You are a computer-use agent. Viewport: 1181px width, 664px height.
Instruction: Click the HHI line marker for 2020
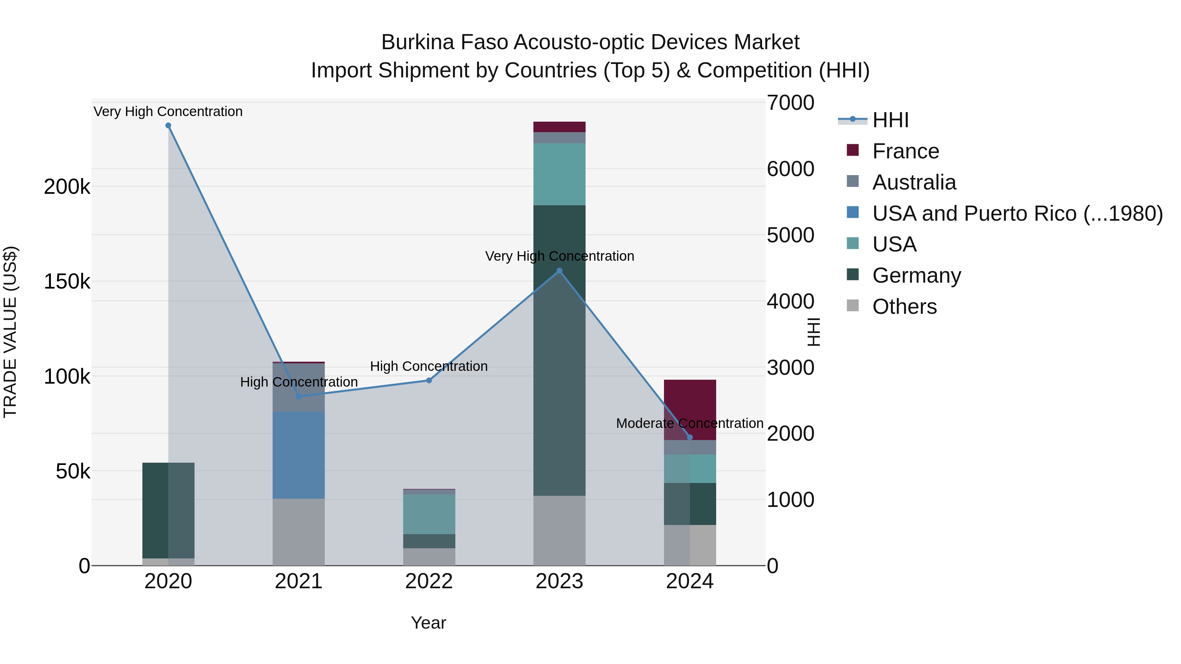(168, 126)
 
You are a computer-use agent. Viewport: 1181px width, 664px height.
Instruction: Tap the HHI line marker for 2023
(559, 271)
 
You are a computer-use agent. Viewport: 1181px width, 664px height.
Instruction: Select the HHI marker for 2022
(429, 380)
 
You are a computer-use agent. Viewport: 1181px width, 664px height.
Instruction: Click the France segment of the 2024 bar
(690, 403)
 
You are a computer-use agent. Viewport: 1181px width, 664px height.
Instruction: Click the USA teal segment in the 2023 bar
(559, 174)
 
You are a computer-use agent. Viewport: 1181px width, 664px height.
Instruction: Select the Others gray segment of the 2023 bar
(559, 530)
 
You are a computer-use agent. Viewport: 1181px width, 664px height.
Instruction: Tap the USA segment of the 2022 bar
(429, 514)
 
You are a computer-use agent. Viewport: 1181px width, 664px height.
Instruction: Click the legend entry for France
(905, 151)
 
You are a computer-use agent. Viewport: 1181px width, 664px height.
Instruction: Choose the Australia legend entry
(914, 182)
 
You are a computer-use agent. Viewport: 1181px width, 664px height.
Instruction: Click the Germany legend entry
(916, 275)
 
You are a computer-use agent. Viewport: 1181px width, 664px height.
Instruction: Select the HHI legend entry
(890, 120)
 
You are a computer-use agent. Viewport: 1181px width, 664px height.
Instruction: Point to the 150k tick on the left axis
(67, 281)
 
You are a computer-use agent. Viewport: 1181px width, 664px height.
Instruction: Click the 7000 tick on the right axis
(790, 103)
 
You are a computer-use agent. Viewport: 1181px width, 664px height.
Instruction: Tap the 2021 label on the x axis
(299, 581)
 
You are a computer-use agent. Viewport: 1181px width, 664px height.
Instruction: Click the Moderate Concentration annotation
(690, 423)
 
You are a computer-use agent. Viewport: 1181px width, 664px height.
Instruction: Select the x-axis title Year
(428, 623)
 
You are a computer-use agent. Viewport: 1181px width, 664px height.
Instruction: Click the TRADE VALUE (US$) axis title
(10, 332)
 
